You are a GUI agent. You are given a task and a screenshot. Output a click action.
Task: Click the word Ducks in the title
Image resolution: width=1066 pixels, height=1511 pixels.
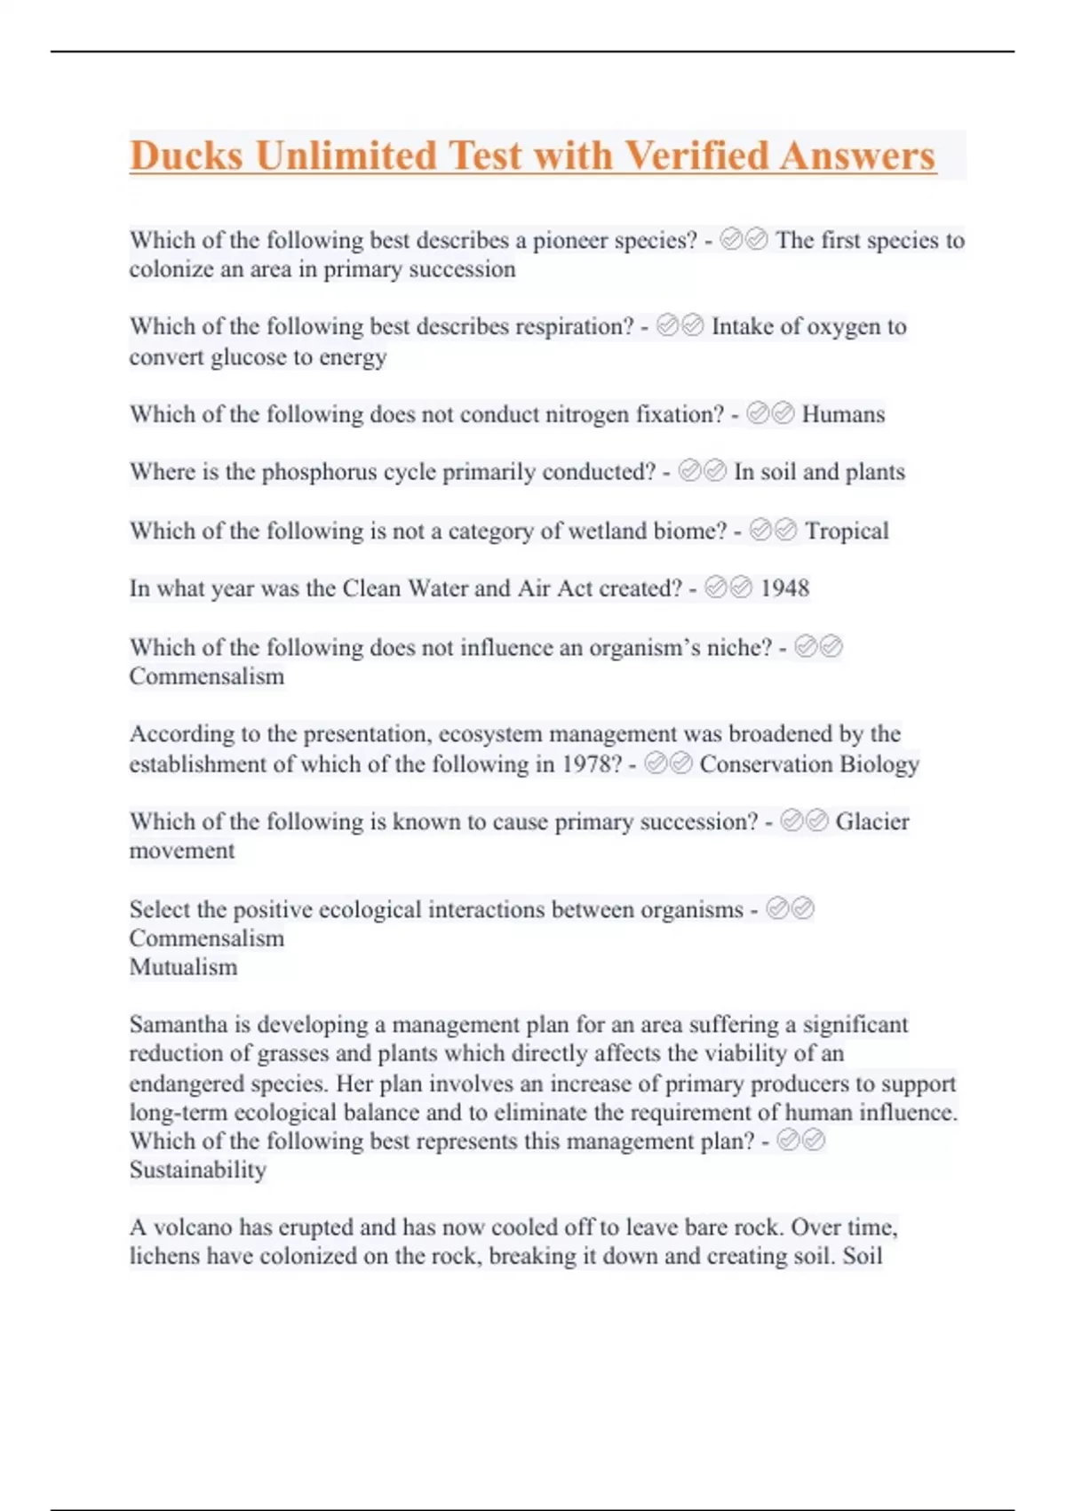coord(187,156)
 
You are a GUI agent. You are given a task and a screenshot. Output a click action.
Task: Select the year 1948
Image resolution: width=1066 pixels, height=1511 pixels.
coord(784,588)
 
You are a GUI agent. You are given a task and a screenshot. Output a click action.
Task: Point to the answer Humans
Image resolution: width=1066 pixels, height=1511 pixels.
coord(843,414)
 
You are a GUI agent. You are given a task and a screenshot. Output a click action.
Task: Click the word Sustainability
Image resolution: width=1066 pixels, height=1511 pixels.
coord(197,1171)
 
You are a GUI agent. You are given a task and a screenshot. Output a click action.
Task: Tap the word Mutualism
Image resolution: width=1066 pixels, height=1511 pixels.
coord(183,967)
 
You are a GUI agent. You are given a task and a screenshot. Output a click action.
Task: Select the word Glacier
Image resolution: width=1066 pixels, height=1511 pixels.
coord(871,821)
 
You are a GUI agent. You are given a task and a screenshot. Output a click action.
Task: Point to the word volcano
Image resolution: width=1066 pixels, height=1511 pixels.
coord(193,1227)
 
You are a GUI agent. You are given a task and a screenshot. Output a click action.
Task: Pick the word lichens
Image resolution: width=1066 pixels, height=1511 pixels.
coord(164,1256)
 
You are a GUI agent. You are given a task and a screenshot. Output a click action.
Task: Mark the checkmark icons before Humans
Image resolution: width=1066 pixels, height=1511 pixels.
coord(770,413)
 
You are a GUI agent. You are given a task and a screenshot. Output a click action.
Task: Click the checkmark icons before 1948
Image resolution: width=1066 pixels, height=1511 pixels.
coord(728,588)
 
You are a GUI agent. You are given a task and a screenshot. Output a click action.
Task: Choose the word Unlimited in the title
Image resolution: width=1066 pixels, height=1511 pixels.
coord(346,156)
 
